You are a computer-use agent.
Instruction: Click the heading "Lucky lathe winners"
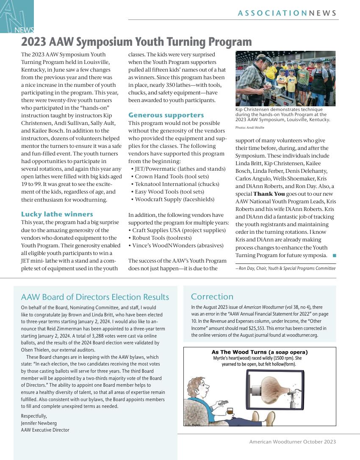click(x=57, y=214)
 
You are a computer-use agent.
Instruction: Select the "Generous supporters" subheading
click(x=166, y=115)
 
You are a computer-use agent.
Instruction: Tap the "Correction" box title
click(x=212, y=297)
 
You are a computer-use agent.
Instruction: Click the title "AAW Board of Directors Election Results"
click(x=95, y=297)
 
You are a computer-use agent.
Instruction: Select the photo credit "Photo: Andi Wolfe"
click(x=250, y=127)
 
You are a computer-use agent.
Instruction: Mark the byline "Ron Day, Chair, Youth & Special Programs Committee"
click(x=286, y=268)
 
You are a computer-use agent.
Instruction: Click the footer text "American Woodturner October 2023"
click(x=293, y=442)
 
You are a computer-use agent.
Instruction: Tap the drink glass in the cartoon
click(x=230, y=410)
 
